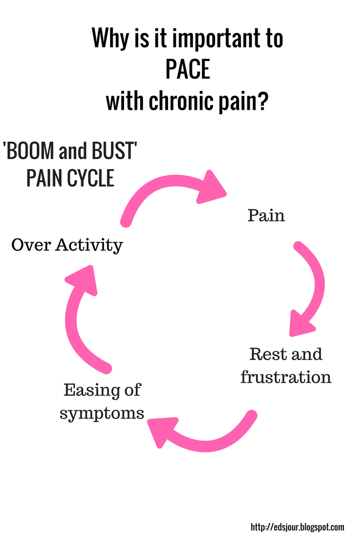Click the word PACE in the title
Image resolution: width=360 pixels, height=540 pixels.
coord(188,70)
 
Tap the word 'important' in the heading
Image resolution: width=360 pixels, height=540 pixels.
coord(211,40)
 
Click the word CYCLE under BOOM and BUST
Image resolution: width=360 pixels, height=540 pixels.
coord(90,178)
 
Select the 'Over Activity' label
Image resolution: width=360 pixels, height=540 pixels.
coord(67,245)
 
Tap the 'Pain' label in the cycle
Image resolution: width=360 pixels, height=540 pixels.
coord(266,215)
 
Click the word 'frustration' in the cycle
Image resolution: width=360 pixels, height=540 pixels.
coord(286,377)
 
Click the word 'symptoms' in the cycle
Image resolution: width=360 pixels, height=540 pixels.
coord(102,413)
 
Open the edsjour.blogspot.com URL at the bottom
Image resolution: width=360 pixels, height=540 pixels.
coord(297,527)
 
